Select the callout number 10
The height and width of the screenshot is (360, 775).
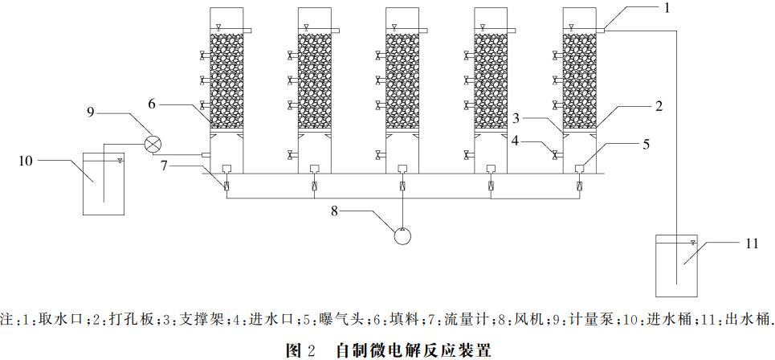coord(25,161)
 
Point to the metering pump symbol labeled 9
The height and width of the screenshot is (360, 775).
coord(153,144)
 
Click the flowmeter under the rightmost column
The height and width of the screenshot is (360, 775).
coord(579,187)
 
